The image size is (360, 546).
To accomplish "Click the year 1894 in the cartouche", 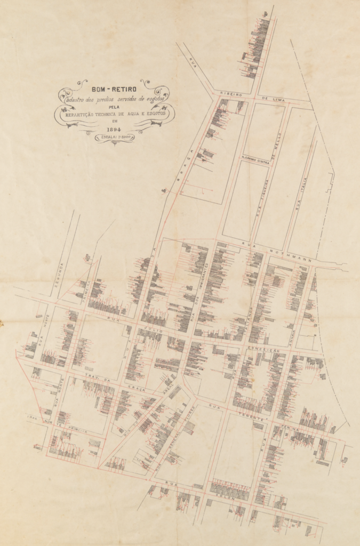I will [x=114, y=129].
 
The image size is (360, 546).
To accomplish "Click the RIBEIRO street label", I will [x=231, y=94].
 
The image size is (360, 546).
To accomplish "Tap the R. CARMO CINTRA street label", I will [x=254, y=158].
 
